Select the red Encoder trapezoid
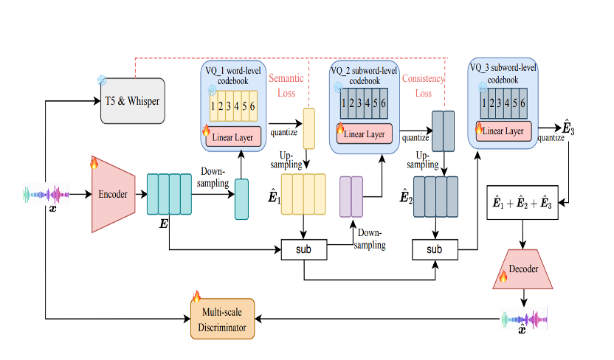pyautogui.click(x=113, y=195)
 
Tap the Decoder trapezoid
pyautogui.click(x=523, y=269)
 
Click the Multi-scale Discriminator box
pyautogui.click(x=222, y=318)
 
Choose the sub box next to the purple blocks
pyautogui.click(x=304, y=249)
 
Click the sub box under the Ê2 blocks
pyautogui.click(x=434, y=249)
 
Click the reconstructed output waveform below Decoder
pyautogui.click(x=524, y=321)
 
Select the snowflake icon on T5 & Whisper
pyautogui.click(x=103, y=80)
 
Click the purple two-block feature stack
pyautogui.click(x=351, y=196)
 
